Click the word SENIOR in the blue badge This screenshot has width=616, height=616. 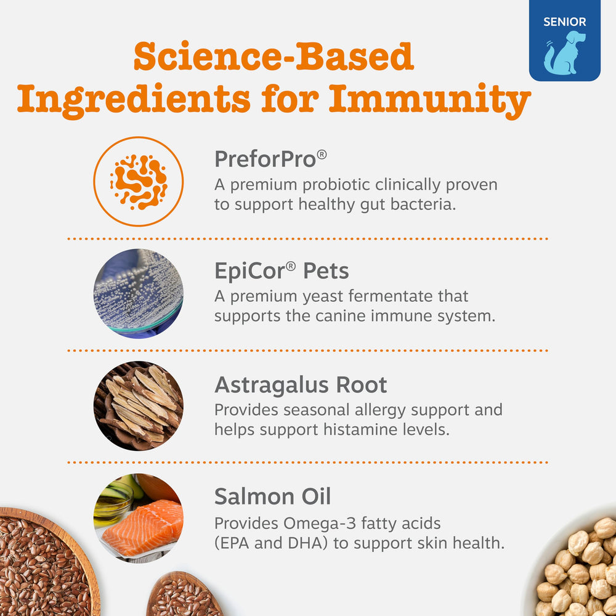point(564,22)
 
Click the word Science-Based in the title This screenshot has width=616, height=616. point(273,57)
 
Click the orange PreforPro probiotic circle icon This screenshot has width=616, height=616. point(139,181)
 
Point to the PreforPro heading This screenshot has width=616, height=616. point(265,160)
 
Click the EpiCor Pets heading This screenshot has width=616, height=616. point(282,271)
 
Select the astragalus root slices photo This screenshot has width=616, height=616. point(139,405)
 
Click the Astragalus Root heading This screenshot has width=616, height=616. point(301,385)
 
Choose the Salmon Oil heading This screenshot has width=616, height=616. point(272,496)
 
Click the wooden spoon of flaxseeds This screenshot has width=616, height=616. point(185,596)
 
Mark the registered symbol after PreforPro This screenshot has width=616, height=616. point(322,154)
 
